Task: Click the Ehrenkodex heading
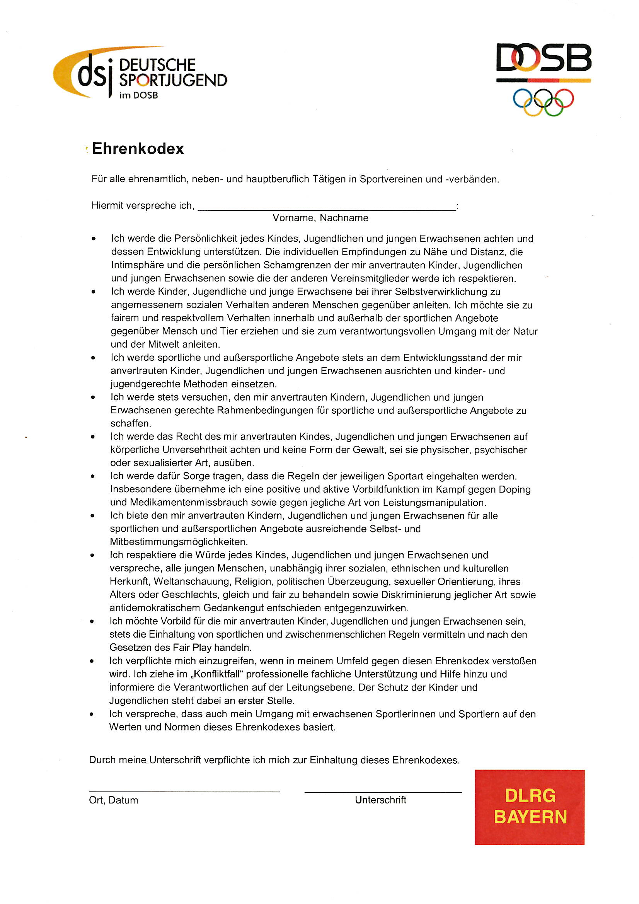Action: tap(138, 149)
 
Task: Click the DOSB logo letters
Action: tap(544, 58)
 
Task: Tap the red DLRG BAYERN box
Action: tap(530, 807)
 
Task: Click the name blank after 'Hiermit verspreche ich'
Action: tap(327, 208)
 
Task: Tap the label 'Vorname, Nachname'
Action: tap(320, 218)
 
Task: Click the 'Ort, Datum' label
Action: tap(113, 800)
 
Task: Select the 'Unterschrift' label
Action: tap(380, 800)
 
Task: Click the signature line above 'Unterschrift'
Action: tap(383, 792)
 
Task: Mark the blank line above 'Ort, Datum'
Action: tap(184, 791)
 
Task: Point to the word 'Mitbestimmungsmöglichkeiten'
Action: tap(179, 542)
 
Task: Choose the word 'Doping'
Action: tap(515, 490)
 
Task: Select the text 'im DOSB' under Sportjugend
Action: tap(139, 95)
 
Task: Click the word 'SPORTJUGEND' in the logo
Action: tap(173, 80)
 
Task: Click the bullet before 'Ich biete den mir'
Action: tap(92, 516)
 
